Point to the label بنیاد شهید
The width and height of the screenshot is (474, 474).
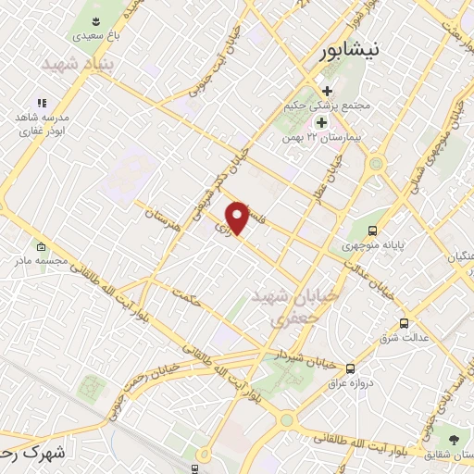[76, 64]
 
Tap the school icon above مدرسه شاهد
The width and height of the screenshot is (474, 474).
[41, 103]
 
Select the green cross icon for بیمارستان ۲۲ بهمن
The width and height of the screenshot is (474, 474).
[321, 121]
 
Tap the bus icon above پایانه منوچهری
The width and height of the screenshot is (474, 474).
[372, 231]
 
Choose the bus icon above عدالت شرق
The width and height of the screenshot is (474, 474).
[403, 323]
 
